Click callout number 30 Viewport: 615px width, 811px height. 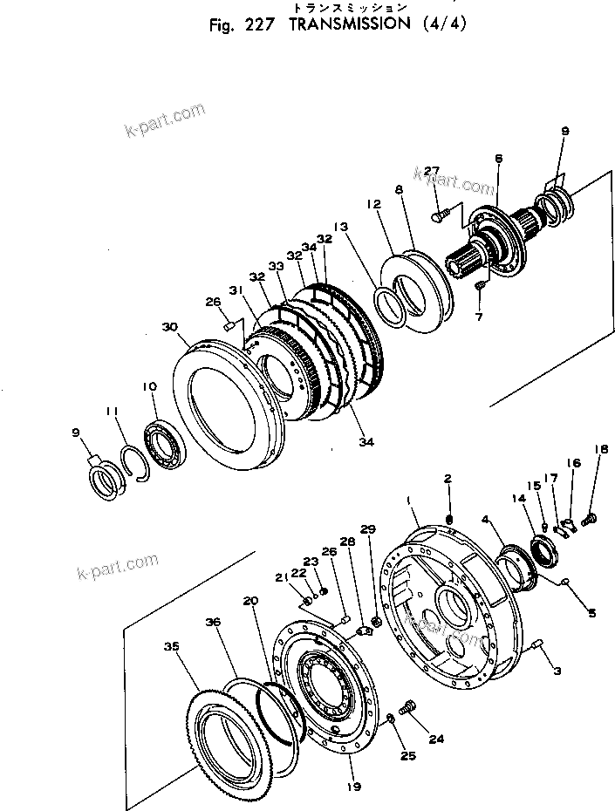pyautogui.click(x=169, y=327)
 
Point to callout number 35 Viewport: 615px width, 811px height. pyautogui.click(x=172, y=646)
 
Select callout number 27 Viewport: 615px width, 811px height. pyautogui.click(x=433, y=170)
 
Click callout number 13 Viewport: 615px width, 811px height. pyautogui.click(x=340, y=226)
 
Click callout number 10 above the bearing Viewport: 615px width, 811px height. pyautogui.click(x=150, y=385)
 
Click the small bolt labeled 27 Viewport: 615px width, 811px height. pyautogui.click(x=441, y=209)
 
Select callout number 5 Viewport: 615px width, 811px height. pyautogui.click(x=591, y=614)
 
